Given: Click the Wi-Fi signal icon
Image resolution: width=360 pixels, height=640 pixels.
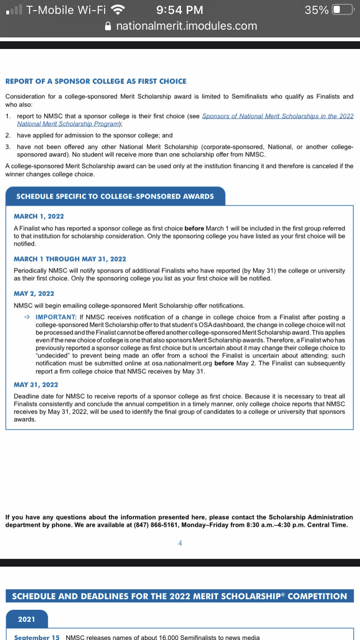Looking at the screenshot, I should (x=117, y=10).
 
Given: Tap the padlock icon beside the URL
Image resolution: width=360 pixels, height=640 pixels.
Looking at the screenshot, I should (x=108, y=26).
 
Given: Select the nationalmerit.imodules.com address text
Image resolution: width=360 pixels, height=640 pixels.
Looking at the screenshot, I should (x=187, y=26).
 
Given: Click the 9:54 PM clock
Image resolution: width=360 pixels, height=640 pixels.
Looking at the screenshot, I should (x=180, y=10).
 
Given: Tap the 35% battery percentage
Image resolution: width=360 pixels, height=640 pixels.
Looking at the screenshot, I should (x=316, y=10).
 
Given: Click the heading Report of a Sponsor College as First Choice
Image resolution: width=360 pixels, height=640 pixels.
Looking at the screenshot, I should (x=96, y=82).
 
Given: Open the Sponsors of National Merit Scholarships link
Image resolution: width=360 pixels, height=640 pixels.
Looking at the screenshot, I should (x=277, y=116).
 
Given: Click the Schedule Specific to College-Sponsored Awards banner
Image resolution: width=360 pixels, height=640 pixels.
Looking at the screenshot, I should (x=115, y=196).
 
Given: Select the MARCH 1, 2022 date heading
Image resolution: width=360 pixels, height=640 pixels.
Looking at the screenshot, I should (x=39, y=216).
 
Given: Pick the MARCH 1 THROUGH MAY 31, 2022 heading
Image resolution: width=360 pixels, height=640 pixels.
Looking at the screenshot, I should (x=70, y=259).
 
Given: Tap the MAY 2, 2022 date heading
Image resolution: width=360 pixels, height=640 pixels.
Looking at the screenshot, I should (x=34, y=294).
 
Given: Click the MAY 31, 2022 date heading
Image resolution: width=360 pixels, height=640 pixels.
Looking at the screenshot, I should (x=36, y=385).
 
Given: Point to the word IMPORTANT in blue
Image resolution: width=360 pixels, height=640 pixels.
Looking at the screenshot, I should (x=56, y=317).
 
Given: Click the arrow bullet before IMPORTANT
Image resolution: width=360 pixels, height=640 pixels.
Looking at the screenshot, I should (x=27, y=317).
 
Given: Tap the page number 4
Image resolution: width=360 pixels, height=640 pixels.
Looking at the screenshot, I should (x=180, y=543).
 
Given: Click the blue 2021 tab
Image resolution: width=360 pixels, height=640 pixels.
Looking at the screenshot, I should (x=26, y=619).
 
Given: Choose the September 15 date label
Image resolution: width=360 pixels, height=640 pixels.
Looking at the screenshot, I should (x=37, y=637).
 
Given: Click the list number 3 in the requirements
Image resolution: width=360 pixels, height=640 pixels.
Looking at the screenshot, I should (x=8, y=146).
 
